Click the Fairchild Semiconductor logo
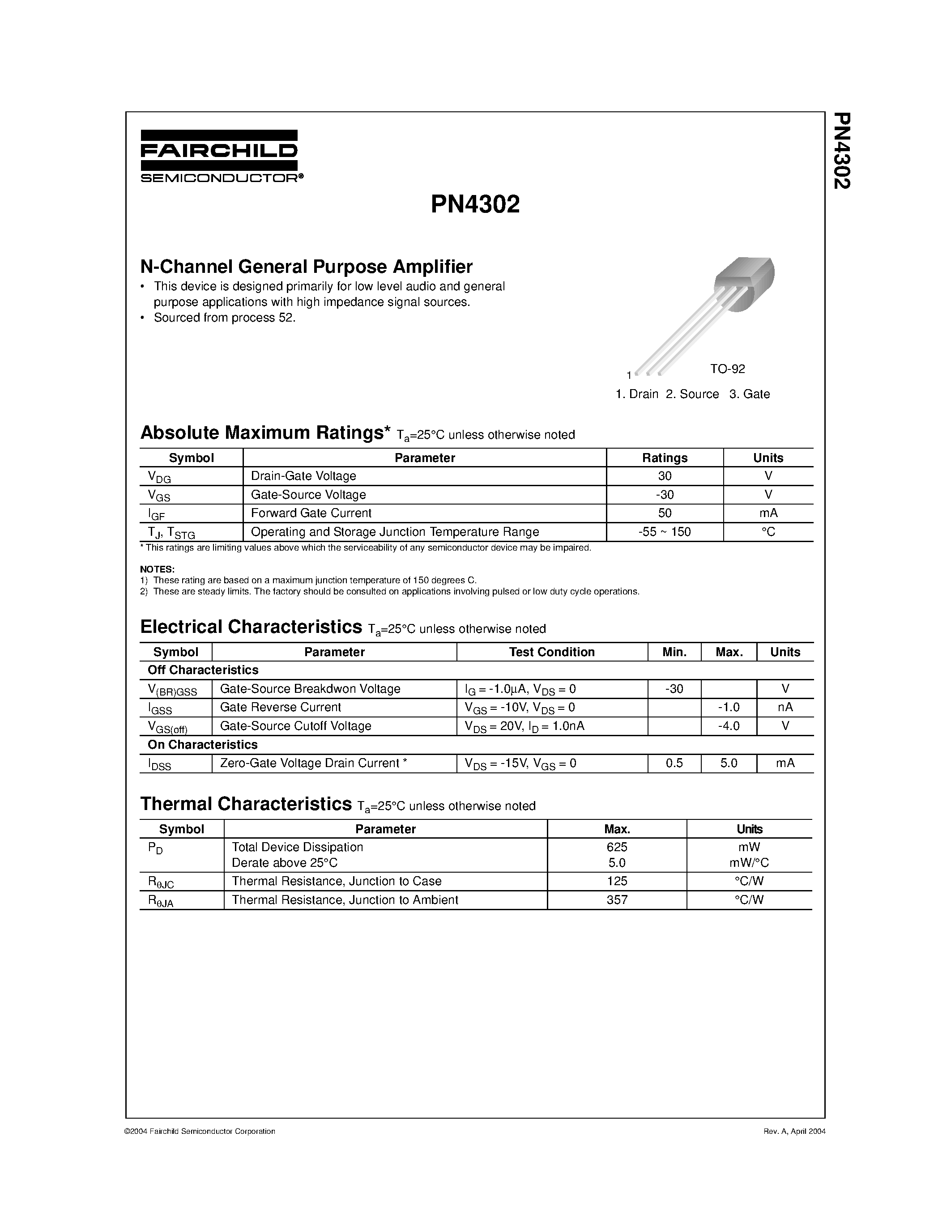pyautogui.click(x=219, y=156)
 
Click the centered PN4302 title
pyautogui.click(x=475, y=205)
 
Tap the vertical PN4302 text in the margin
pyautogui.click(x=842, y=151)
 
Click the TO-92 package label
pyautogui.click(x=727, y=369)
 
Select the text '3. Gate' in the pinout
pyautogui.click(x=749, y=394)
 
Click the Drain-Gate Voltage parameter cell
pyautogui.click(x=303, y=476)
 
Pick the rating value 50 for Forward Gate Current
pyautogui.click(x=665, y=513)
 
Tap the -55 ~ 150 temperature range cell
pyautogui.click(x=665, y=532)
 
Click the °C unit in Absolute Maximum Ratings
pyautogui.click(x=768, y=532)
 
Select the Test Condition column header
pyautogui.click(x=551, y=652)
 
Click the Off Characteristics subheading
pyautogui.click(x=203, y=670)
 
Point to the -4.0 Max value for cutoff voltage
pyautogui.click(x=729, y=726)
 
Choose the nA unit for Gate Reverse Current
pyautogui.click(x=785, y=708)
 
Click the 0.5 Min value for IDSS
pyautogui.click(x=674, y=763)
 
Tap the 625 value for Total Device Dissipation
pyautogui.click(x=617, y=847)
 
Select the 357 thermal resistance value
pyautogui.click(x=617, y=900)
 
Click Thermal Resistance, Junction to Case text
pyautogui.click(x=337, y=882)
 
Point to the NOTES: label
pyautogui.click(x=157, y=569)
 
